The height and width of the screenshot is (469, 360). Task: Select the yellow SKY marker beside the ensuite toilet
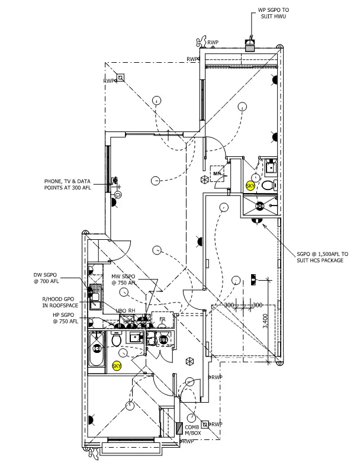pos(250,186)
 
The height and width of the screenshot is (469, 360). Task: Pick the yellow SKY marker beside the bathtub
pos(116,366)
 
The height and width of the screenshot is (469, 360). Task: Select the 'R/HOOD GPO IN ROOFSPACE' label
pos(59,303)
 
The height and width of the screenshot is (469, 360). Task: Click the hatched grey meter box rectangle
pos(179,429)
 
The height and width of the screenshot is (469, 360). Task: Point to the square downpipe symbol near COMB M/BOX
pos(205,424)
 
